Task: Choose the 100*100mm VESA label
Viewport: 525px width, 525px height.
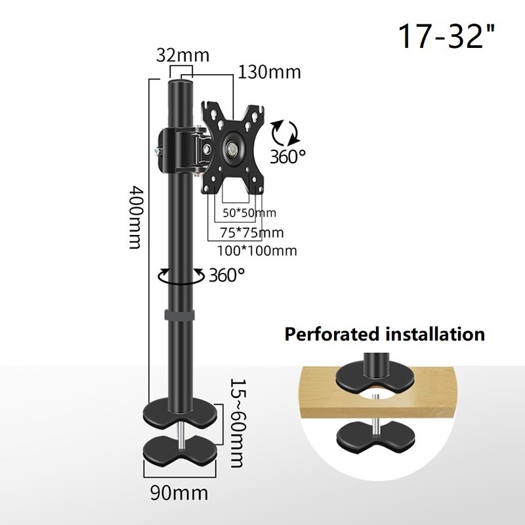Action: pyautogui.click(x=257, y=250)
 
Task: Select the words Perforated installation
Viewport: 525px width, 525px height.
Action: pyautogui.click(x=385, y=334)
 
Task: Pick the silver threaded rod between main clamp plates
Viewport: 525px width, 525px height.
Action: pyautogui.click(x=181, y=434)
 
